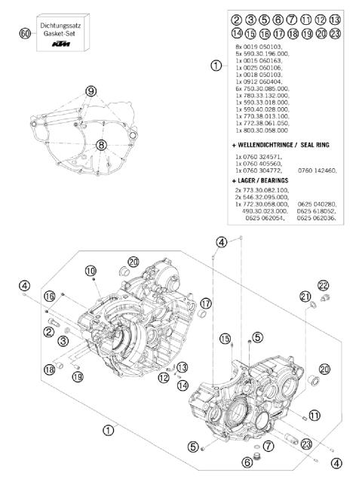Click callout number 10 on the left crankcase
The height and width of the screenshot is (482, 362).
pyautogui.click(x=90, y=270)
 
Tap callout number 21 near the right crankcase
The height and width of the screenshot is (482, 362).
pyautogui.click(x=305, y=295)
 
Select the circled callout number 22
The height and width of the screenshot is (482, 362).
pyautogui.click(x=323, y=284)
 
